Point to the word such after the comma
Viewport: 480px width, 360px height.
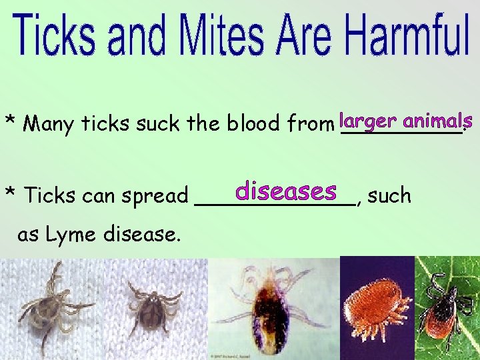[389, 195]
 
